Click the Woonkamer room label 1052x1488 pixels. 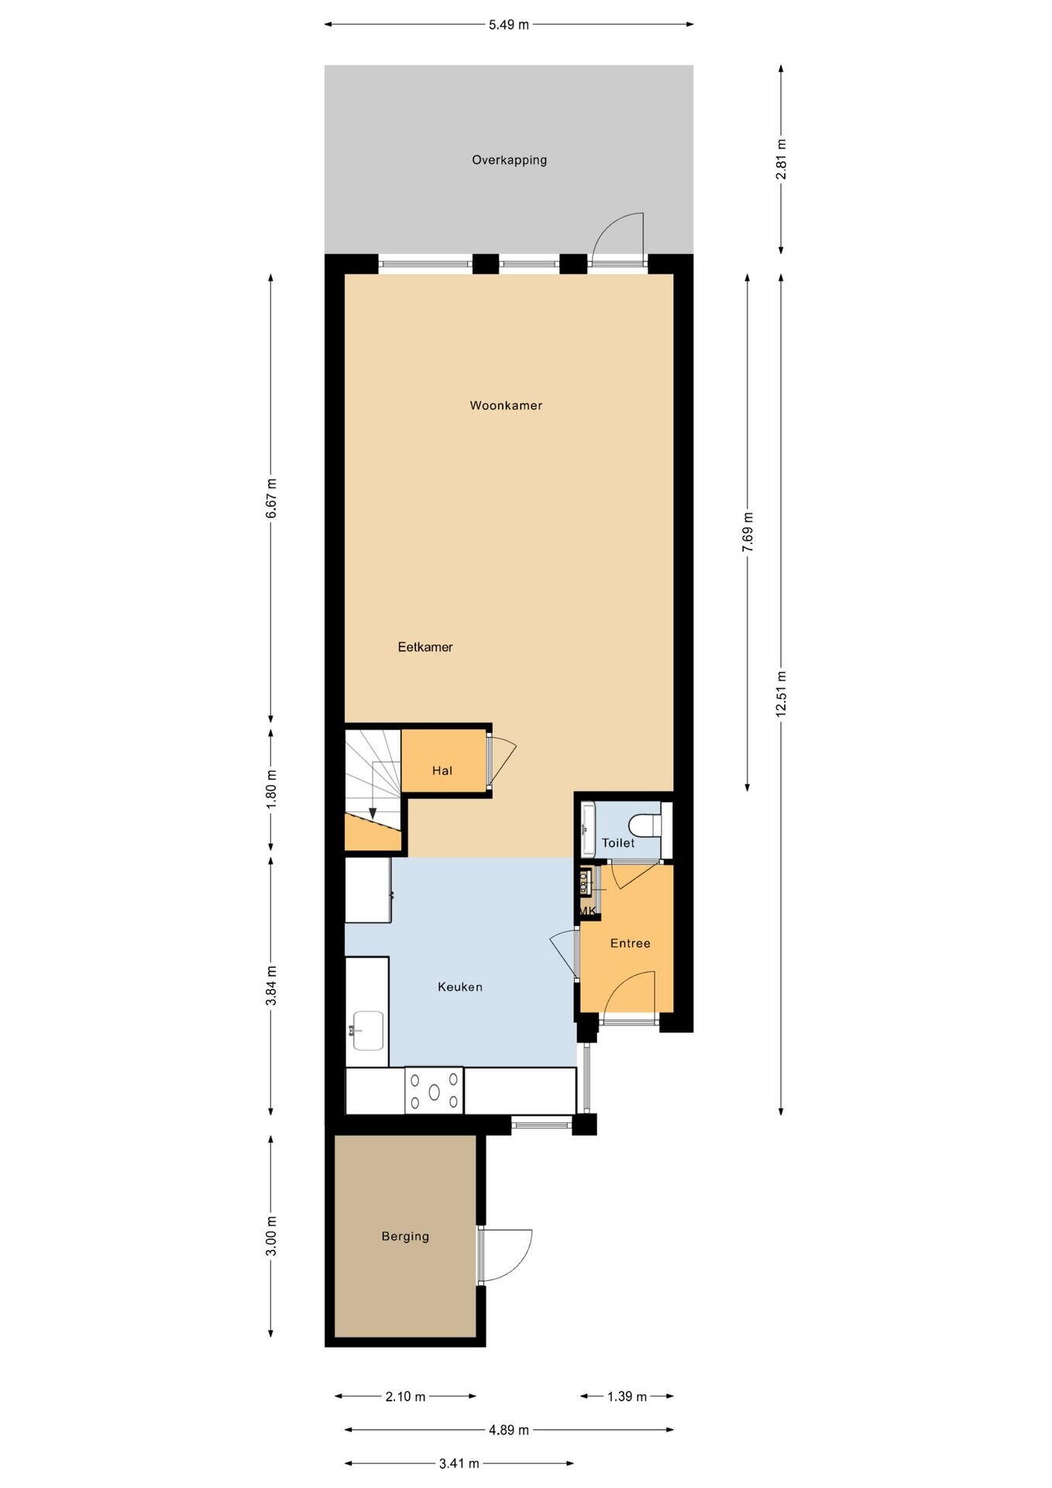tap(506, 405)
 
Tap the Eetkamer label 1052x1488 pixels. tap(425, 647)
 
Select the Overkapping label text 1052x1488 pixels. tap(510, 160)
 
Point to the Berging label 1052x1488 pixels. tap(405, 1236)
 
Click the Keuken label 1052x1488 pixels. tap(460, 987)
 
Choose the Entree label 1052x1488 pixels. tap(631, 943)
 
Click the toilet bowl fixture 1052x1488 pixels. tap(645, 825)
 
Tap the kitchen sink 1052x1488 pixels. tap(368, 1030)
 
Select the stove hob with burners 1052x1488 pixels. tap(434, 1090)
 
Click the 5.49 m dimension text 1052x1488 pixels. tap(509, 25)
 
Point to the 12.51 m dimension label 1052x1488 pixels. tap(781, 694)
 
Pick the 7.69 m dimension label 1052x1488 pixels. tap(747, 532)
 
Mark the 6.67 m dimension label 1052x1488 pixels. tap(270, 498)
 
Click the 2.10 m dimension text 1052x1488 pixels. tap(405, 1397)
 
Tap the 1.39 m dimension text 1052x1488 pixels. tap(627, 1397)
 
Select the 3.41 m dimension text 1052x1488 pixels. tap(459, 1463)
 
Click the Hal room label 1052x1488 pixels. tap(442, 770)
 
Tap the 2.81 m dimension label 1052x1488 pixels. tap(781, 160)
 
